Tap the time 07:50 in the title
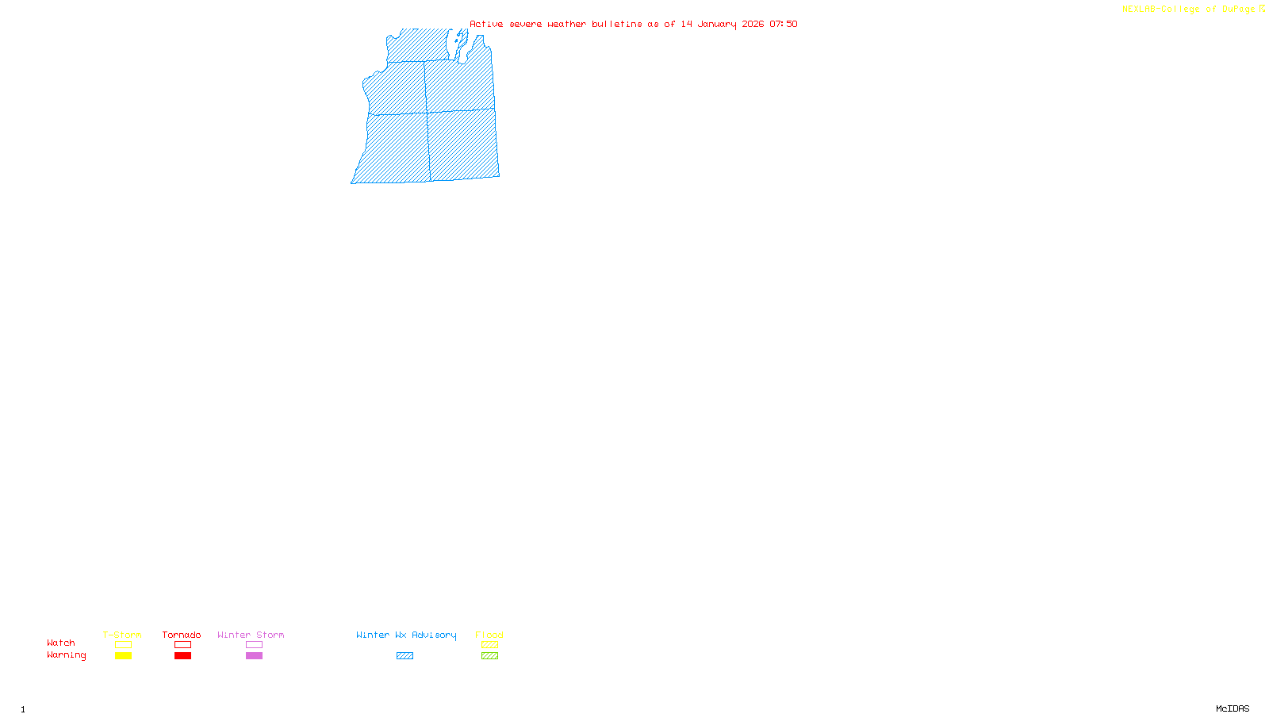[784, 24]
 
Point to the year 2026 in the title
[753, 24]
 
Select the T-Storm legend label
[122, 635]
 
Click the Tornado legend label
[182, 635]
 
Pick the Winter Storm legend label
[251, 635]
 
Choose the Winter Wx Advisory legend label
[406, 635]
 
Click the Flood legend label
[489, 635]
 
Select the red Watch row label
[61, 643]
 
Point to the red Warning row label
[67, 655]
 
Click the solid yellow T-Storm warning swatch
[123, 656]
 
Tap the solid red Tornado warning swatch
[183, 656]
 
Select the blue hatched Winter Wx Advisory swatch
[404, 656]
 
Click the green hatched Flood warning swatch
[489, 656]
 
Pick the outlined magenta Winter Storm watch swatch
[254, 645]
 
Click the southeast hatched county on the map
[463, 144]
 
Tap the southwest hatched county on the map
[397, 148]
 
